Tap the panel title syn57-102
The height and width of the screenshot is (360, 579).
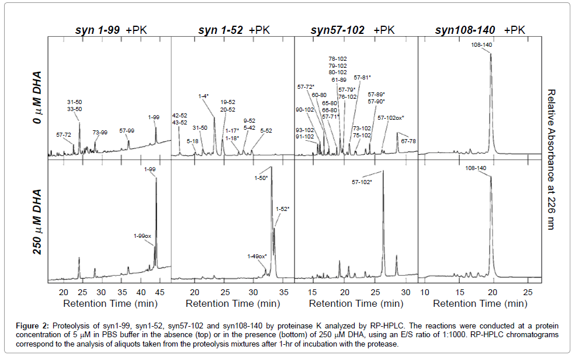pyautogui.click(x=338, y=30)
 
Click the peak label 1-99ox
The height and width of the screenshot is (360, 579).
pyautogui.click(x=143, y=236)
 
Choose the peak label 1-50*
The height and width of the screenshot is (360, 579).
pyautogui.click(x=261, y=178)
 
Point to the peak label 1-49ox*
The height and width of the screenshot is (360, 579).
pyautogui.click(x=257, y=256)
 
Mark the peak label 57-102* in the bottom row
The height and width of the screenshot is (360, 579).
pyautogui.click(x=362, y=182)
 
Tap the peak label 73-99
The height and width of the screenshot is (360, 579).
pyautogui.click(x=100, y=133)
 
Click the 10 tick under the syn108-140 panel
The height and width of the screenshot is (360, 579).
pyautogui.click(x=425, y=292)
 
